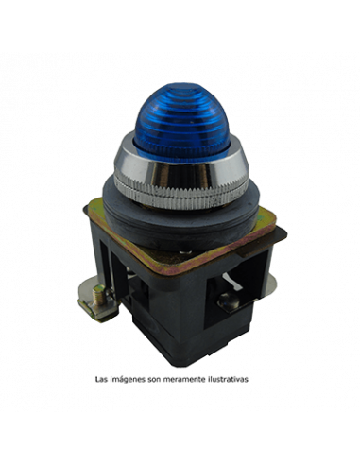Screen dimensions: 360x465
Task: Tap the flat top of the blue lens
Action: pyautogui.click(x=182, y=87)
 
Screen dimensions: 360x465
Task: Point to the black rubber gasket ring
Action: pyautogui.click(x=181, y=217)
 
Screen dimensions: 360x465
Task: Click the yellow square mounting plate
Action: pyautogui.click(x=181, y=239)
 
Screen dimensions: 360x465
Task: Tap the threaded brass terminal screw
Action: pyautogui.click(x=100, y=296)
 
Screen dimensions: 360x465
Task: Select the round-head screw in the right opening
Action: pyautogui.click(x=229, y=301)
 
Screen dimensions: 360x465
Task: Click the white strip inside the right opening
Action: pyautogui.click(x=232, y=281)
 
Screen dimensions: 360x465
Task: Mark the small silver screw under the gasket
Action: pyautogui.click(x=187, y=252)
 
